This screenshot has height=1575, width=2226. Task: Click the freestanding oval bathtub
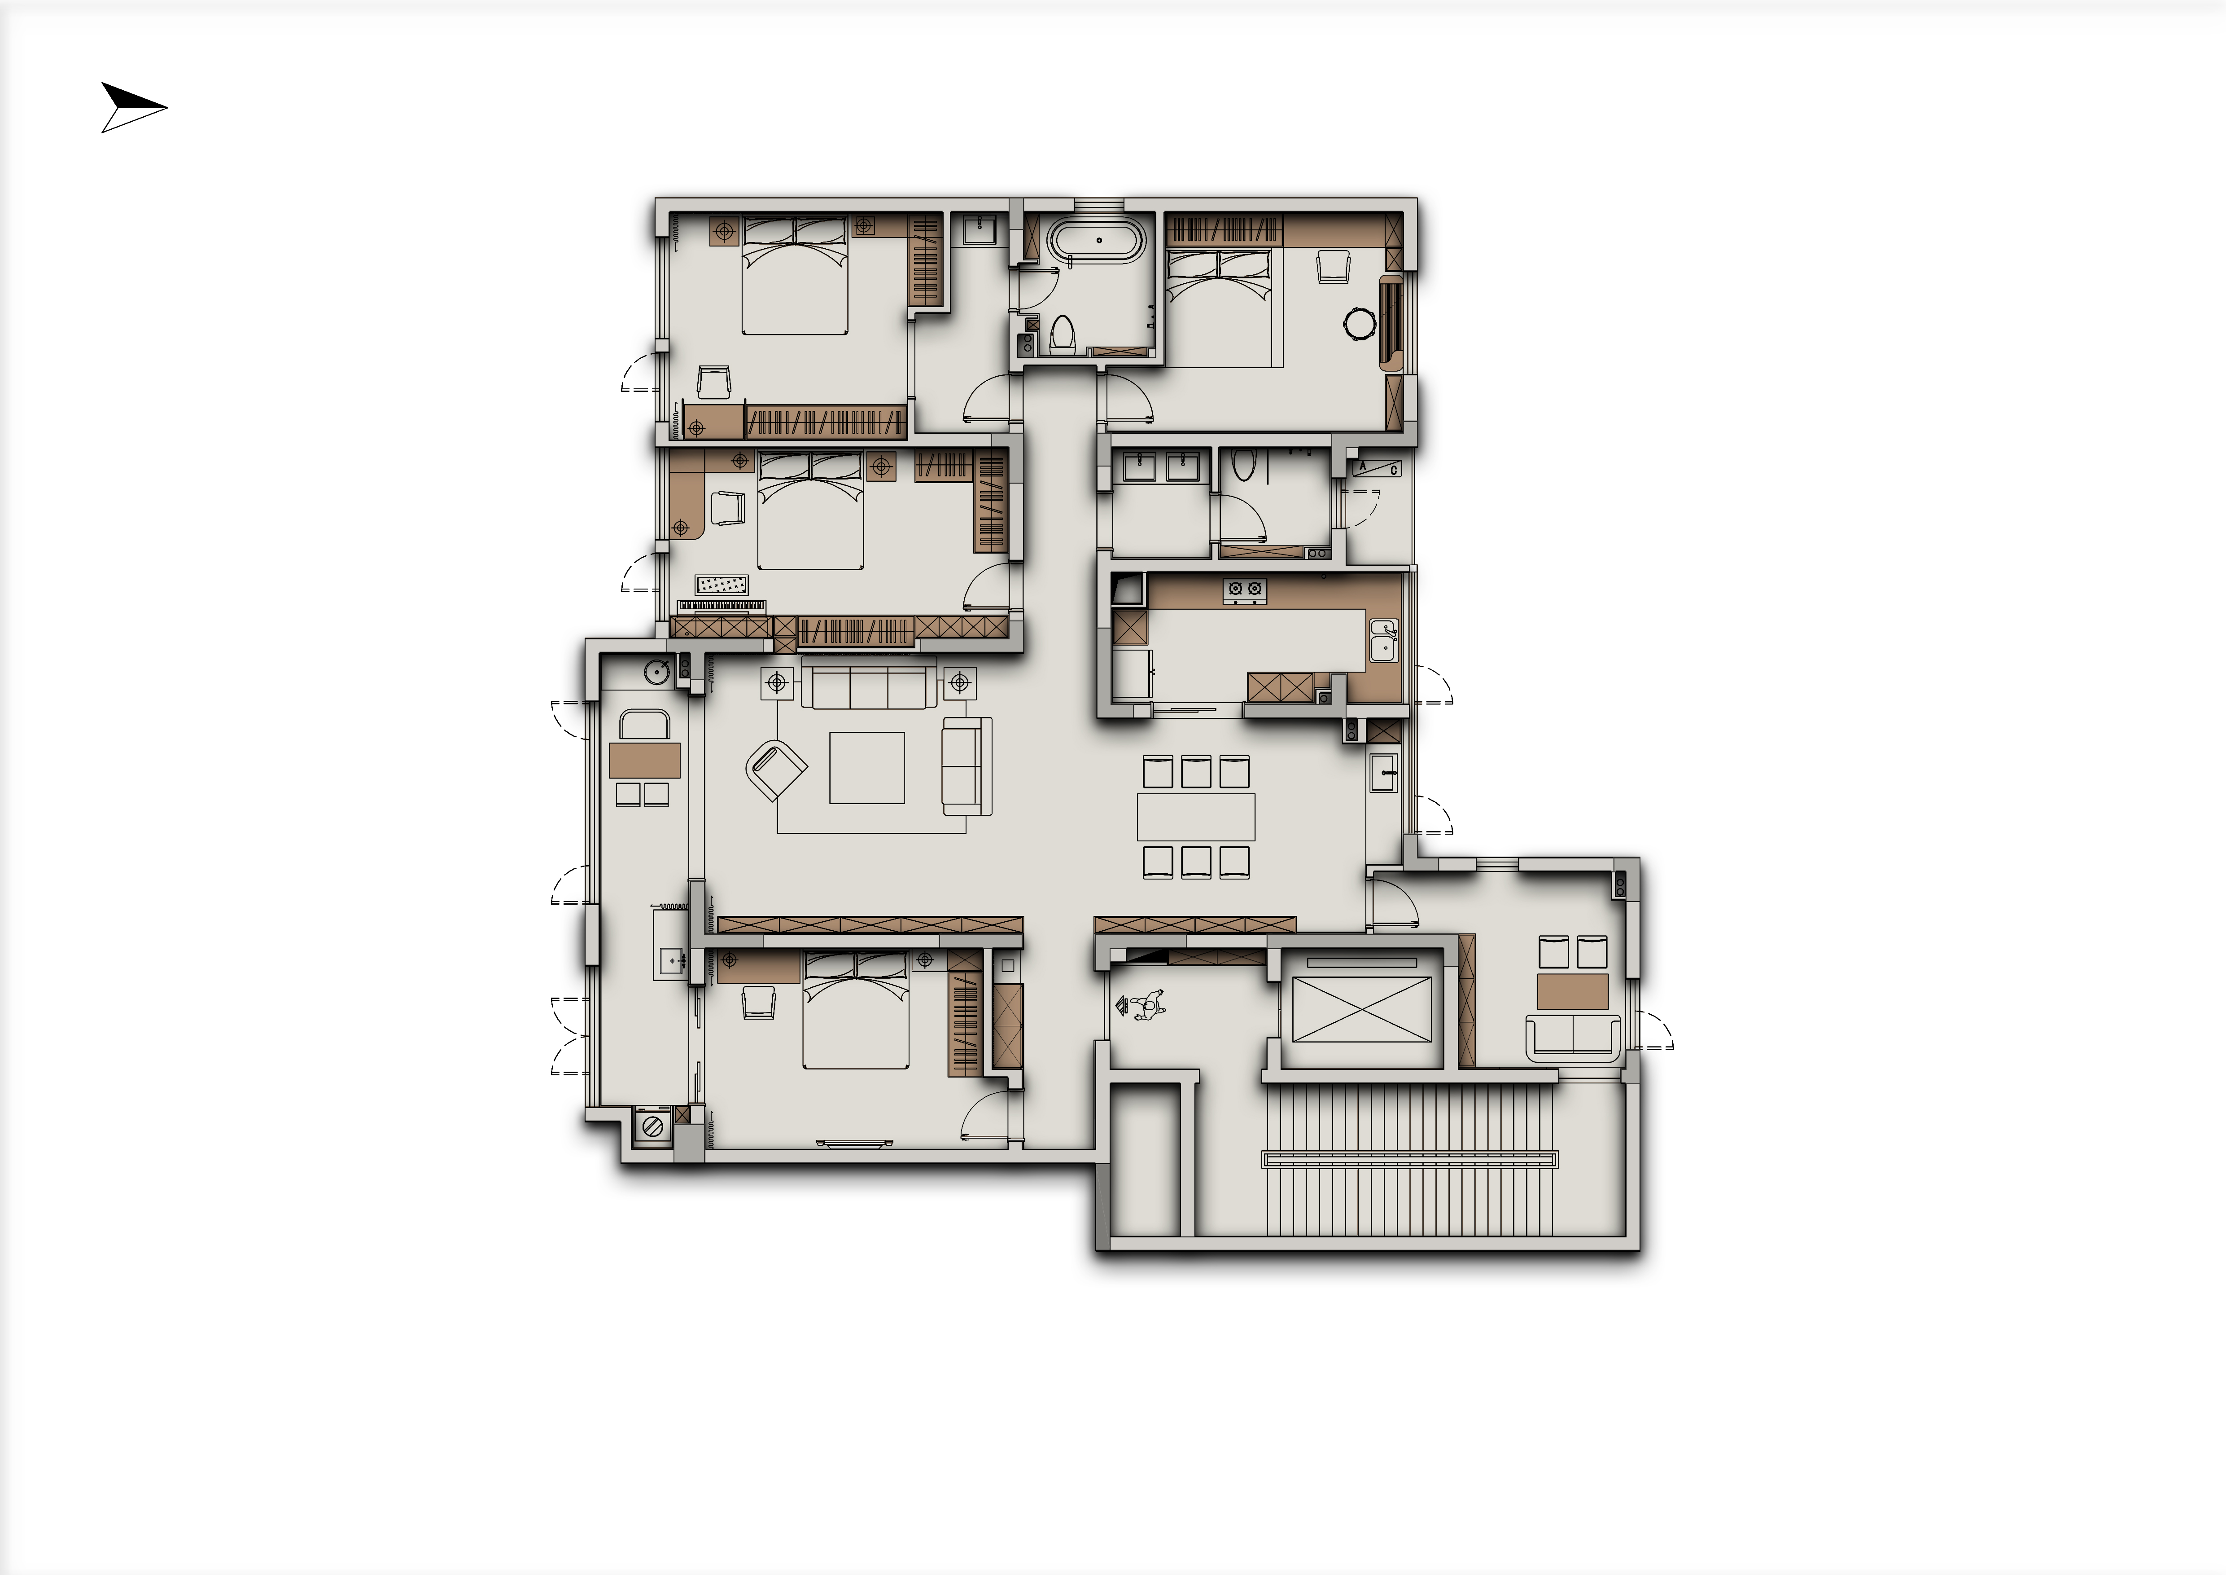(1099, 240)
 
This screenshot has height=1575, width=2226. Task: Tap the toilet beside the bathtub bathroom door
(1062, 334)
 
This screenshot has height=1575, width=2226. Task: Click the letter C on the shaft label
(1394, 471)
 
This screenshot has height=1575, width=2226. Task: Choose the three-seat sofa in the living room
(869, 685)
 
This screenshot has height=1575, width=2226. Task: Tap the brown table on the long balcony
(645, 761)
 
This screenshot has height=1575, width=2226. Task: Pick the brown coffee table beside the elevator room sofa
(1573, 992)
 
